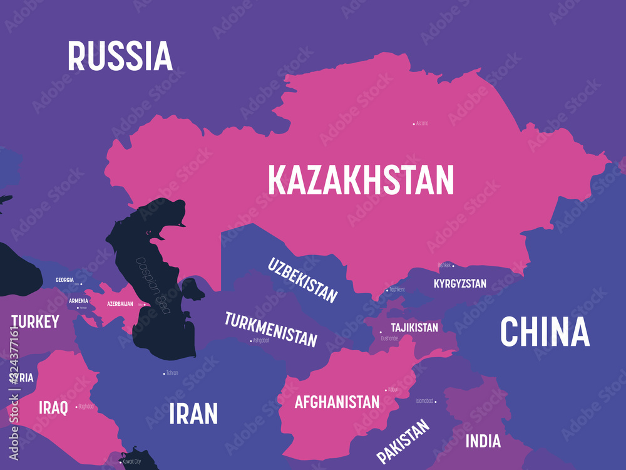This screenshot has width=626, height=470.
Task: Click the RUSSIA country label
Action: (x=120, y=56)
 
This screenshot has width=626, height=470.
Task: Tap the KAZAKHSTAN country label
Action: (x=361, y=180)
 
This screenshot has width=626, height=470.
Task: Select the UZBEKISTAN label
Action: (x=303, y=279)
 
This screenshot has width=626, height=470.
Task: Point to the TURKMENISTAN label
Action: (x=271, y=329)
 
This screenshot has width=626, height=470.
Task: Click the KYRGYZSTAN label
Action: (x=460, y=284)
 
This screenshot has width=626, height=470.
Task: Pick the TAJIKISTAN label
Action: (x=414, y=328)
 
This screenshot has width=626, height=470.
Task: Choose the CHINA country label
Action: (x=545, y=332)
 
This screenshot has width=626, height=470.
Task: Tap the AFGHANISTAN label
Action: (x=337, y=401)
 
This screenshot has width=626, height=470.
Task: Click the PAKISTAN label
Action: (x=404, y=441)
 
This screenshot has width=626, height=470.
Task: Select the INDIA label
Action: (x=483, y=441)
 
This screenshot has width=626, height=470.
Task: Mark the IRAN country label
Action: (x=193, y=414)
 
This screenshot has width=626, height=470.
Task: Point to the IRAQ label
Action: (x=53, y=407)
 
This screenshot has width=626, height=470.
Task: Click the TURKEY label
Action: (x=35, y=322)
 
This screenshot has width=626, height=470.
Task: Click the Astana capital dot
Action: (x=414, y=124)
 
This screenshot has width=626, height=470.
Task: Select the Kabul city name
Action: (x=393, y=390)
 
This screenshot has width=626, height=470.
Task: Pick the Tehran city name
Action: (x=172, y=373)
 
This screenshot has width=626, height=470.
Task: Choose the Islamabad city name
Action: (x=424, y=400)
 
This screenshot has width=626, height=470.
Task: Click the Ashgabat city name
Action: (x=260, y=340)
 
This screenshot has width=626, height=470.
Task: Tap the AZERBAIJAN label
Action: (x=120, y=304)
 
